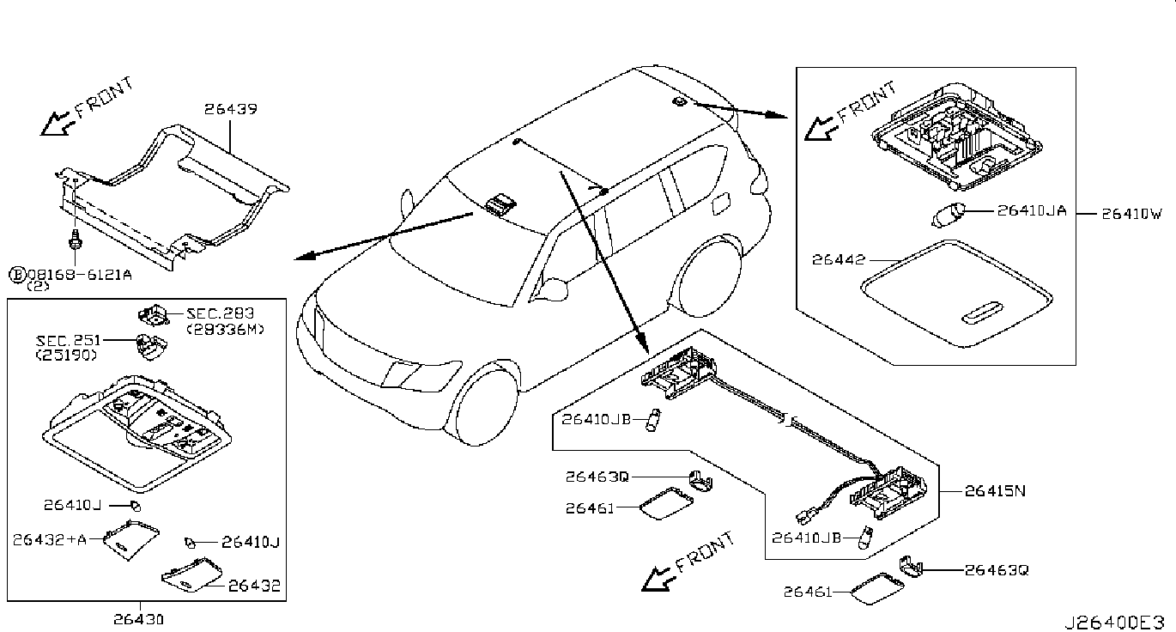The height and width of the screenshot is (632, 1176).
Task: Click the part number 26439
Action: point(230,109)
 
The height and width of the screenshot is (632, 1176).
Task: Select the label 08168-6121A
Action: point(79,274)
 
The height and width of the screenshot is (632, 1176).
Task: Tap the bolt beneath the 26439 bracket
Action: point(75,240)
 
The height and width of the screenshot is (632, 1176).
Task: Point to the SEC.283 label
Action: point(221,313)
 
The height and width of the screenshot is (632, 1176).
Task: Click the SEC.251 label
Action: point(68,340)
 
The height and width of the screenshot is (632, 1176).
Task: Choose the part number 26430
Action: point(138,620)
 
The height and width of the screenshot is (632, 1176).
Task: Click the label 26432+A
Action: point(49,539)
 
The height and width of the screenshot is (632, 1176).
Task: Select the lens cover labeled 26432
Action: point(191,575)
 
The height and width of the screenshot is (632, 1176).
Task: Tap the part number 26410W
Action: point(1131,214)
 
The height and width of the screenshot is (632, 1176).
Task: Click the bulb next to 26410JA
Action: point(949,215)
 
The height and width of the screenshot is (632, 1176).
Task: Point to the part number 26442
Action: point(838,259)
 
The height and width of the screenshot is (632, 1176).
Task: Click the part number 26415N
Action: point(995,490)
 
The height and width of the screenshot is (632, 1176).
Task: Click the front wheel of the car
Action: point(482,403)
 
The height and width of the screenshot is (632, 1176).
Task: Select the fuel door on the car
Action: point(720,203)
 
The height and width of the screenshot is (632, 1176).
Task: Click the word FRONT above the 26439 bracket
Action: point(105,98)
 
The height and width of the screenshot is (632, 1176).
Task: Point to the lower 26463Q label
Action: point(997,570)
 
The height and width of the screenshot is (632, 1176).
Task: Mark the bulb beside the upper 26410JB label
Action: point(653,420)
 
